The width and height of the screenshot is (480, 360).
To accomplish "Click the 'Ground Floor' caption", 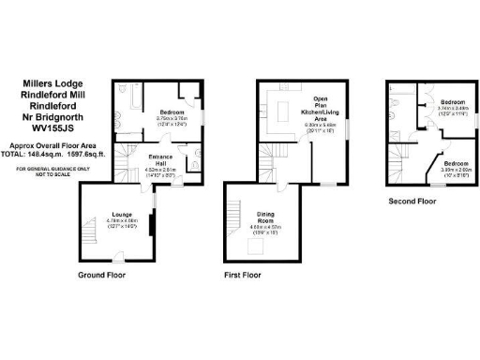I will point(102,276).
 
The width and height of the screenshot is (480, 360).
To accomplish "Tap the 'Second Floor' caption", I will point(412,201).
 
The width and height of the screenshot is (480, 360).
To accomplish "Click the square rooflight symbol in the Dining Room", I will point(253,247).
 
